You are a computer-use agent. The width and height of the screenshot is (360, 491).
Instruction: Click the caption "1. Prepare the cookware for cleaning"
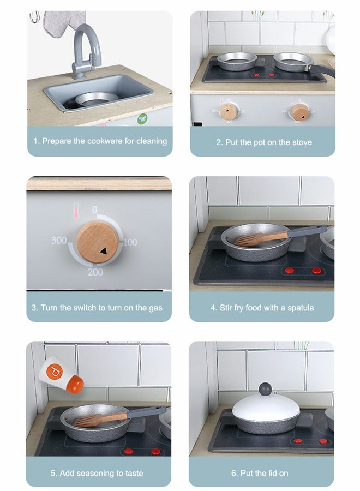coord(100,141)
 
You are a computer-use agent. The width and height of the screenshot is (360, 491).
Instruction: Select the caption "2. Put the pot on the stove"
coord(264,142)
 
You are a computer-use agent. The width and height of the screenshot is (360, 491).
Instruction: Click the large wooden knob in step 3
coord(97,243)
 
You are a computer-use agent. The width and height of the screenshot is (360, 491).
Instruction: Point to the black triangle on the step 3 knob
coord(104,252)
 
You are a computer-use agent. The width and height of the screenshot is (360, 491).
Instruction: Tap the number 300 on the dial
coord(59,241)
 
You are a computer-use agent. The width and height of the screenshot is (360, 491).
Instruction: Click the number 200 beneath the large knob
coord(95,272)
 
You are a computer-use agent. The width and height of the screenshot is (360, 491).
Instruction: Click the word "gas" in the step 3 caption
coord(155,308)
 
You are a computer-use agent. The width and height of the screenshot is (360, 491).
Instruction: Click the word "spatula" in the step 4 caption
coord(298,308)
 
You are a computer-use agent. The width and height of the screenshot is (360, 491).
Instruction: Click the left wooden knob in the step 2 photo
coord(229,112)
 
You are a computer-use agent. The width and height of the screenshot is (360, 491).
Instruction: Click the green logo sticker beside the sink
coord(143,117)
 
